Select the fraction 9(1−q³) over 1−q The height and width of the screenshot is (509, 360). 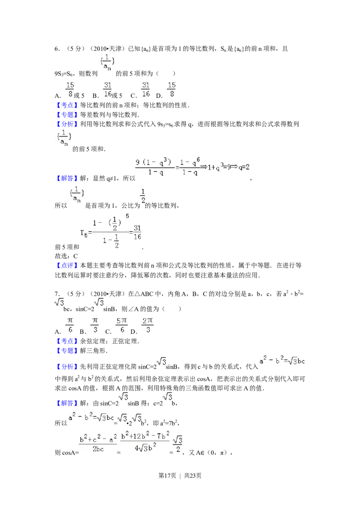tap(153, 167)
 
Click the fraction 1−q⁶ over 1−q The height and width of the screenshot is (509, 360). tap(189, 167)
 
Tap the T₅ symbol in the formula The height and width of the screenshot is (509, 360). tap(84, 232)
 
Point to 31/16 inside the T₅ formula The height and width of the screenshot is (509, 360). tap(138, 232)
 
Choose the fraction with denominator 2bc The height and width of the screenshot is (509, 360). tap(98, 443)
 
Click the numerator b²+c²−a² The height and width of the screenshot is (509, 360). tap(98, 437)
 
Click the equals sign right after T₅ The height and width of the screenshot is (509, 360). tap(90, 233)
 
